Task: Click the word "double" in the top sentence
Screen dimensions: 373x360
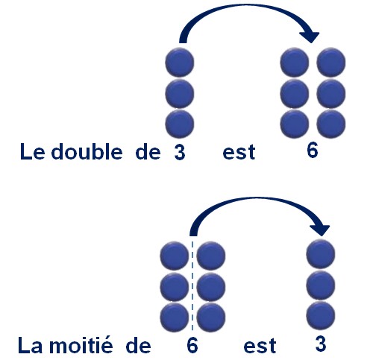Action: [x=87, y=151]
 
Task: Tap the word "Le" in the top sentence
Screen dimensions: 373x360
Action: [x=32, y=151]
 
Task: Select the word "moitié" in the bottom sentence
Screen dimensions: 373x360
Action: [x=81, y=344]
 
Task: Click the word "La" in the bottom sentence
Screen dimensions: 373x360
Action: [x=30, y=345]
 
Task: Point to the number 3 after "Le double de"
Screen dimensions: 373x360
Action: [x=180, y=152]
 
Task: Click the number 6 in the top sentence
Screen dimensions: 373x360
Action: [x=313, y=151]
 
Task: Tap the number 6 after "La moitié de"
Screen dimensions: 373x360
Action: [x=192, y=345]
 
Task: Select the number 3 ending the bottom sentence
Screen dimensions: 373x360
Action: [x=321, y=344]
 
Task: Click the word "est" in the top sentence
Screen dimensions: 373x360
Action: [x=239, y=152]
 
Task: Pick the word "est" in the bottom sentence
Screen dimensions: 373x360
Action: [x=260, y=346]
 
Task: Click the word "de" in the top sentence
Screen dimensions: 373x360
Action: [x=148, y=151]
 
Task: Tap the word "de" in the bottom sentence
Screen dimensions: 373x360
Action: [x=139, y=345]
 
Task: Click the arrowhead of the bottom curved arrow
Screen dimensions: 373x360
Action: [x=320, y=230]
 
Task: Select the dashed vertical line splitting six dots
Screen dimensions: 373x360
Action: [x=192, y=285]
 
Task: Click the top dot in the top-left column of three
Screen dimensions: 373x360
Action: [x=180, y=62]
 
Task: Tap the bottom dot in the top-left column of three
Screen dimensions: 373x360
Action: [x=180, y=124]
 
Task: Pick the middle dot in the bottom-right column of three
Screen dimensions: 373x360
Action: [x=321, y=285]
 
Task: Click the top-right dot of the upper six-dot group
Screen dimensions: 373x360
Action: [x=331, y=62]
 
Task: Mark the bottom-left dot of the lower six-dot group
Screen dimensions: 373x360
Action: [x=175, y=317]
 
